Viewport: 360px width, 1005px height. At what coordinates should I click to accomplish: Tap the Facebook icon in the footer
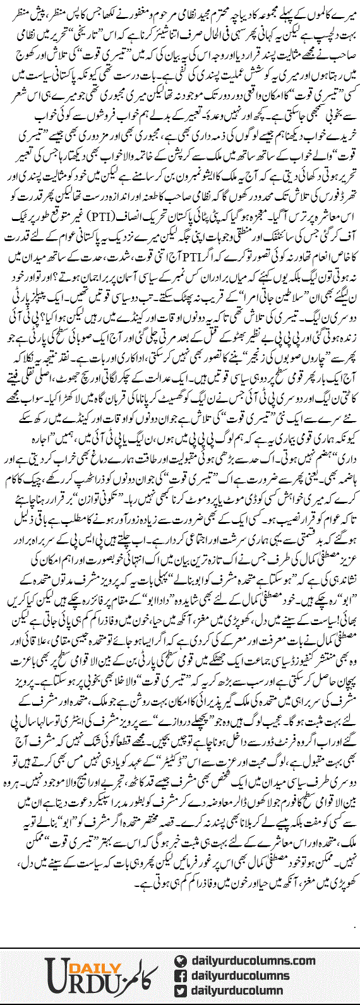[x=182, y=976]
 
